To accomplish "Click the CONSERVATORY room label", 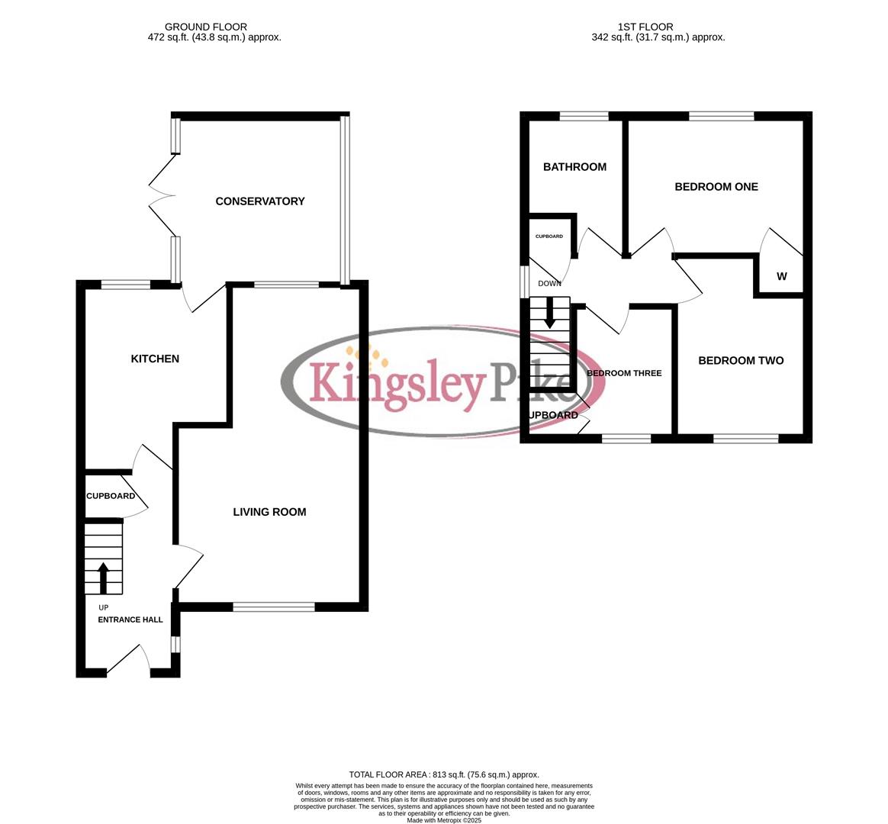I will (x=259, y=201).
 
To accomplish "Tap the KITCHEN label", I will (x=155, y=359).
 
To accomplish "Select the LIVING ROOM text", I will (x=269, y=512).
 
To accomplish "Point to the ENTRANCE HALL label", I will (x=130, y=620).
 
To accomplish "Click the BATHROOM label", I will (x=574, y=167).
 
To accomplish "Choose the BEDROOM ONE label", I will (x=716, y=187).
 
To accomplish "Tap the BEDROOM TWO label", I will (x=740, y=361).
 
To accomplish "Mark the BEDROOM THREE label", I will (x=623, y=373).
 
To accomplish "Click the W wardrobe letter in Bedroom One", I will (x=781, y=277).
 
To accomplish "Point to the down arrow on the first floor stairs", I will (x=549, y=316).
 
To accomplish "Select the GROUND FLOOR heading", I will (x=206, y=27).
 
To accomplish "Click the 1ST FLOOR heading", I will (x=645, y=27).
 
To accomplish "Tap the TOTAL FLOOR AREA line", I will (x=443, y=774).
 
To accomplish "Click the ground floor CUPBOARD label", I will (x=111, y=496).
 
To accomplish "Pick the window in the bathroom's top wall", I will (x=584, y=117).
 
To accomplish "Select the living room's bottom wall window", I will (x=273, y=607).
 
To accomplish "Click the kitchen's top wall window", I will (x=126, y=285).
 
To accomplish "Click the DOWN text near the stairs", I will (x=549, y=284).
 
